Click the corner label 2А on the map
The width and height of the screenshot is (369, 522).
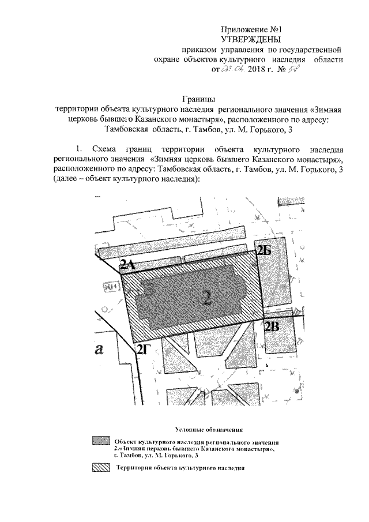point(127,265)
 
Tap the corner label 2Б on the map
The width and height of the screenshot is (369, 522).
point(263,250)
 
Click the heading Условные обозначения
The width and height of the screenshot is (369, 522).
point(209,430)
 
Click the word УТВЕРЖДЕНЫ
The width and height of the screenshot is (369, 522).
point(251,39)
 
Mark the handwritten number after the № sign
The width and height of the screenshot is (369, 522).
point(299,70)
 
